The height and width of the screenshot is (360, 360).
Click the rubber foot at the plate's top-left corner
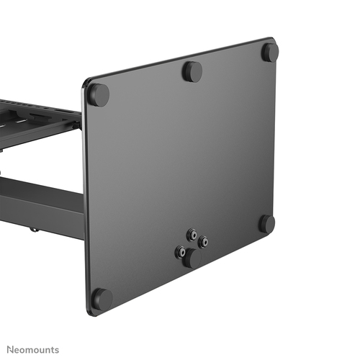click(99, 94)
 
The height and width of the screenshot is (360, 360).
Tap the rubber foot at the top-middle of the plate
click(192, 71)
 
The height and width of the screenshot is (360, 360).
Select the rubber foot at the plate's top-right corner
click(269, 51)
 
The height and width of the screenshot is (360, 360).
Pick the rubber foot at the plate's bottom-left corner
click(102, 297)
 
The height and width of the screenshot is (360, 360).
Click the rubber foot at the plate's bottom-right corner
click(267, 224)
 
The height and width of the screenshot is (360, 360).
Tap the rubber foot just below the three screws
click(189, 259)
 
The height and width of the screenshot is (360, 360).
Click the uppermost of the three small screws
click(192, 234)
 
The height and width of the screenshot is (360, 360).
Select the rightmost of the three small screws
click(204, 242)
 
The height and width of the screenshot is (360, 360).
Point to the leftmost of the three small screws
click(179, 251)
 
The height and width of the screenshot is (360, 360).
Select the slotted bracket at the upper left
click(36, 119)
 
